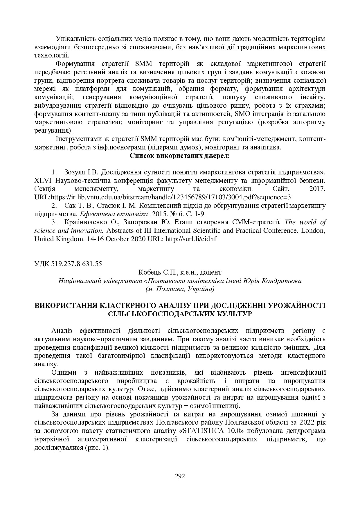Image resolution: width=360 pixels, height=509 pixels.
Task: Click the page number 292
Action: point(180,476)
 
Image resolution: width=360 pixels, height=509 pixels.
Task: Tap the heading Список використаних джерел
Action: point(180,156)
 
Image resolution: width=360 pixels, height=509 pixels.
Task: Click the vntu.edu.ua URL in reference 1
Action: point(171,197)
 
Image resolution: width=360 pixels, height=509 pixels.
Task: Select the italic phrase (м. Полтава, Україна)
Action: point(180,289)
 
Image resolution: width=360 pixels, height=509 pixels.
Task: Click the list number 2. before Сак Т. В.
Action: point(54,206)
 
